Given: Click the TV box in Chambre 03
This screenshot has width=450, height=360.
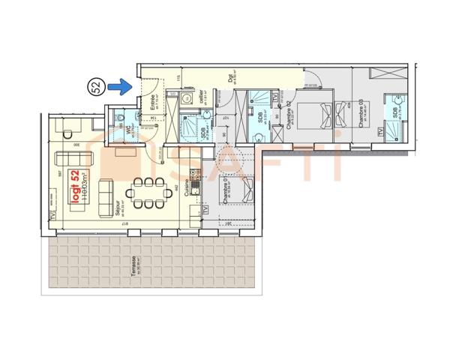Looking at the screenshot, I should (x=381, y=132).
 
